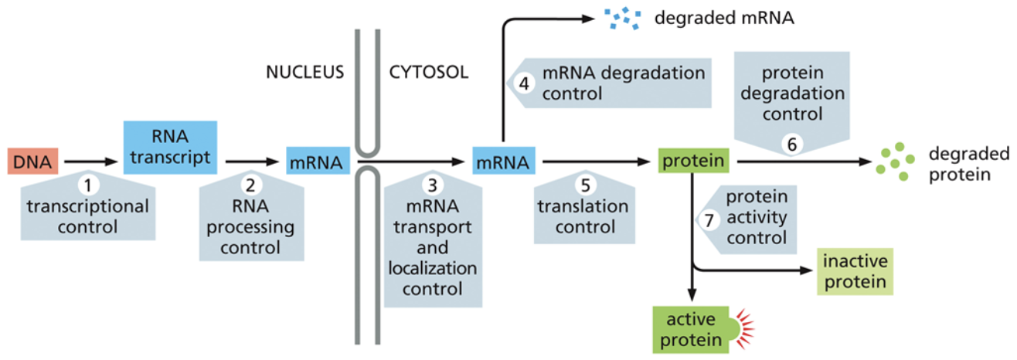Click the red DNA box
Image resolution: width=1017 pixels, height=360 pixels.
[31, 162]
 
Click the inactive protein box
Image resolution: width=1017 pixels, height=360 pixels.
[855, 271]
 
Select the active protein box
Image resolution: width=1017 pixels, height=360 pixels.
[688, 328]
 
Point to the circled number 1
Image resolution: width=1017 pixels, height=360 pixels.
[90, 185]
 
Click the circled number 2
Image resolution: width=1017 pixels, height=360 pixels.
[250, 185]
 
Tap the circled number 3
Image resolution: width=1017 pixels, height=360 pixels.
[432, 185]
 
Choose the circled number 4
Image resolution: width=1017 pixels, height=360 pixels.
[525, 83]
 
